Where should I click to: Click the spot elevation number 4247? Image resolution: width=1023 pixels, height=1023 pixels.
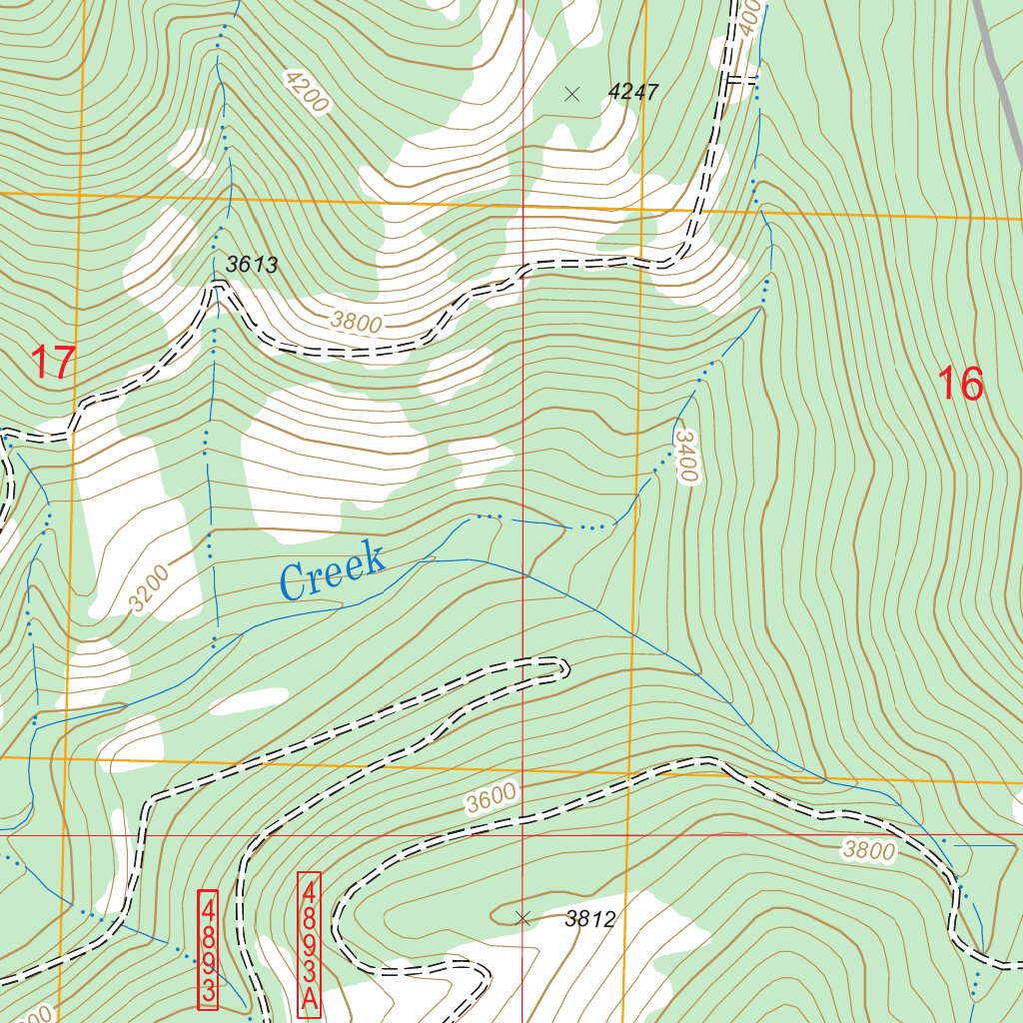(x=633, y=93)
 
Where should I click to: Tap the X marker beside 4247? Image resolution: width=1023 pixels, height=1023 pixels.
(x=572, y=94)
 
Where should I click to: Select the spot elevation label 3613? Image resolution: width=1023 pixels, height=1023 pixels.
(x=251, y=266)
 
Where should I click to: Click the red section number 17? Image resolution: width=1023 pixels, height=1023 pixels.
(x=52, y=362)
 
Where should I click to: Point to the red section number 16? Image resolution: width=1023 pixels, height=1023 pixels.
(x=960, y=384)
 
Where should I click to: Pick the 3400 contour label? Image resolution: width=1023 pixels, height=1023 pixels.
(x=684, y=456)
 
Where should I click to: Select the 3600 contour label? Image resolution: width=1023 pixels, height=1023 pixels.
(x=491, y=797)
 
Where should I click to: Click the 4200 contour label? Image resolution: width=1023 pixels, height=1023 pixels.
(x=306, y=95)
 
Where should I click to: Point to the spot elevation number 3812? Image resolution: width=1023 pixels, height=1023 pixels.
(x=589, y=919)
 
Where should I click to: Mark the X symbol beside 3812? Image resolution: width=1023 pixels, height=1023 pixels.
(x=521, y=918)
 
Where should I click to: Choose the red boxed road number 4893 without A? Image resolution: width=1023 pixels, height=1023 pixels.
(x=208, y=948)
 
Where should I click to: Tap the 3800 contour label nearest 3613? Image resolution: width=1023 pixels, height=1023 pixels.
(x=357, y=321)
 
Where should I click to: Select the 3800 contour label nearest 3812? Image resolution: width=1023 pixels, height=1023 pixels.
(x=869, y=850)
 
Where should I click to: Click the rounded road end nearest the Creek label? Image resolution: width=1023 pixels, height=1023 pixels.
(x=561, y=666)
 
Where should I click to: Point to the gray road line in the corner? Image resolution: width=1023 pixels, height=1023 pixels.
(x=999, y=80)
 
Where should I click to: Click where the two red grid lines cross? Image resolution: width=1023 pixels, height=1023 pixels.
(x=521, y=834)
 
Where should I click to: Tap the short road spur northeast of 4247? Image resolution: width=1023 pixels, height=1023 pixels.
(x=740, y=80)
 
